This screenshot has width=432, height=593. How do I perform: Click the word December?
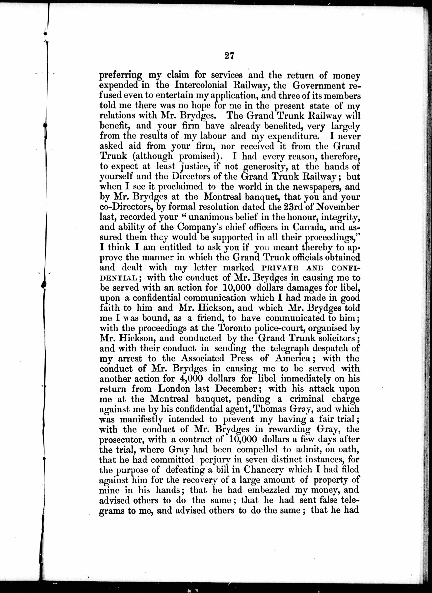(236, 389)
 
